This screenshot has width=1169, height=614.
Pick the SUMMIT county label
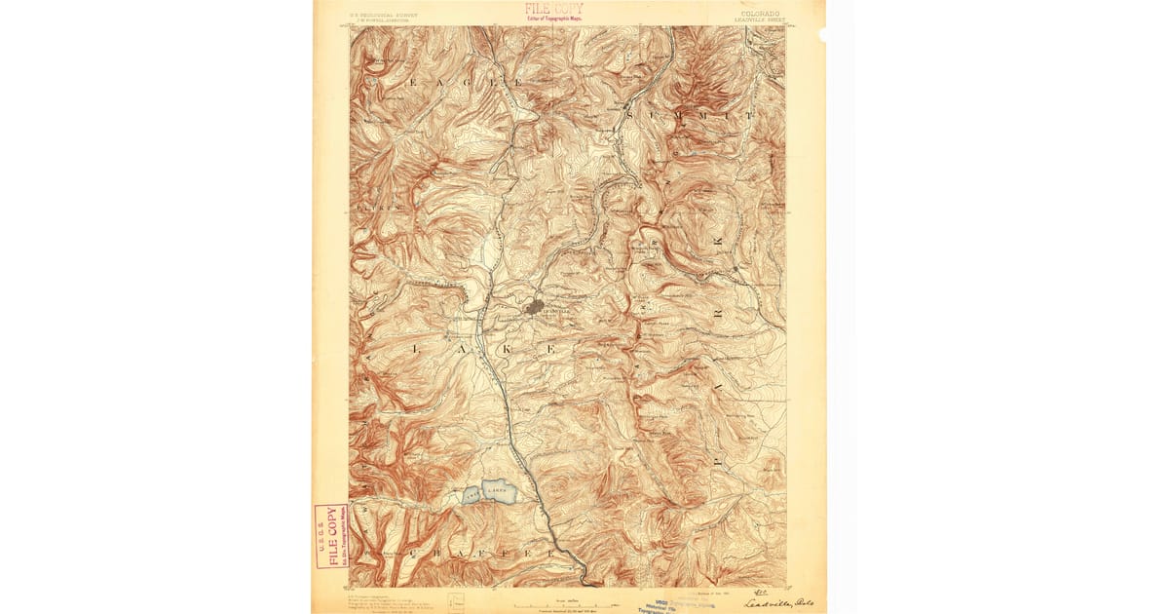692,116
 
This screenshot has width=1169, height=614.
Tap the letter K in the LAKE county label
505,346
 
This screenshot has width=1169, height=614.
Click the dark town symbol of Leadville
535,308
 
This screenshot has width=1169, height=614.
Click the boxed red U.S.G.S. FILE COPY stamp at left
331,536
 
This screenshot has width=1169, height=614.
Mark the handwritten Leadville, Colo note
778,602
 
